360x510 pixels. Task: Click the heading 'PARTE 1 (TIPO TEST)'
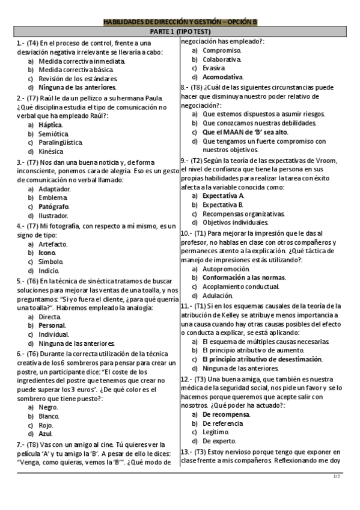[x=180, y=32]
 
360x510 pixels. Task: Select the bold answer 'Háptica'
[x=50, y=124]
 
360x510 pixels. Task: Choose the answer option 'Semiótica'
[x=53, y=134]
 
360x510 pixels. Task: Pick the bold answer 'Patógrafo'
[x=53, y=206]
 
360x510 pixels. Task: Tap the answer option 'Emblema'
[x=53, y=197]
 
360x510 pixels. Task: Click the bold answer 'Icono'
[x=47, y=253]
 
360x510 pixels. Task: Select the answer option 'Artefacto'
[x=53, y=244]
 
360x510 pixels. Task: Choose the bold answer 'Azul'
[x=46, y=434]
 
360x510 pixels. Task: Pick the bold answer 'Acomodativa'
[x=223, y=77]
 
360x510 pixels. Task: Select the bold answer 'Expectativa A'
[x=223, y=196]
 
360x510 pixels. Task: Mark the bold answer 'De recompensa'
[x=225, y=414]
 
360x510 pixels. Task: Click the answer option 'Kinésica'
[x=51, y=152]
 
